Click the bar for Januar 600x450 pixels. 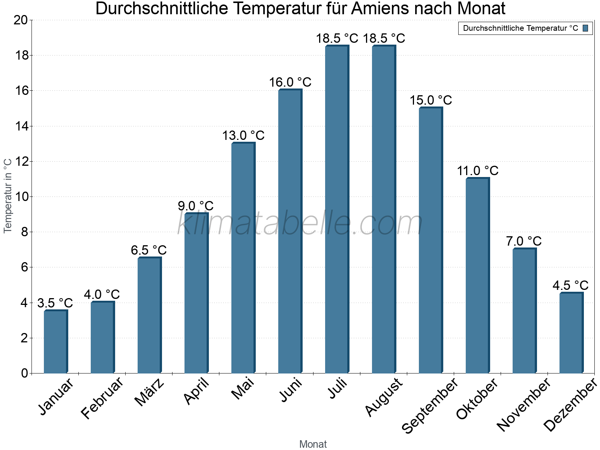(x=55, y=342)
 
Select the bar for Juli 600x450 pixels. (x=337, y=210)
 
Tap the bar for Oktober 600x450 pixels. (x=477, y=276)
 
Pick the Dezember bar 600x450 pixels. (x=571, y=333)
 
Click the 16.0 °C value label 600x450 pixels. (x=290, y=82)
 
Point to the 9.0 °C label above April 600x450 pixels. (x=195, y=206)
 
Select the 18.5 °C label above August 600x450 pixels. (x=384, y=38)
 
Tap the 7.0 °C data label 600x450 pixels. (x=523, y=241)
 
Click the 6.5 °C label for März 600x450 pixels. (x=148, y=250)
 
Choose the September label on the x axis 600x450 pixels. (x=430, y=405)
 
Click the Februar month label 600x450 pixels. (x=102, y=397)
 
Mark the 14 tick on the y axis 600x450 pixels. (x=22, y=126)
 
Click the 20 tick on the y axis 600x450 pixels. (x=21, y=20)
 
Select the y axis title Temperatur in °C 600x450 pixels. (x=8, y=196)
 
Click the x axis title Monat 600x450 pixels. (x=313, y=444)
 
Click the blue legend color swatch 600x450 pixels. (x=585, y=28)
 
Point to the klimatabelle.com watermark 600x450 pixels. (x=300, y=223)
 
